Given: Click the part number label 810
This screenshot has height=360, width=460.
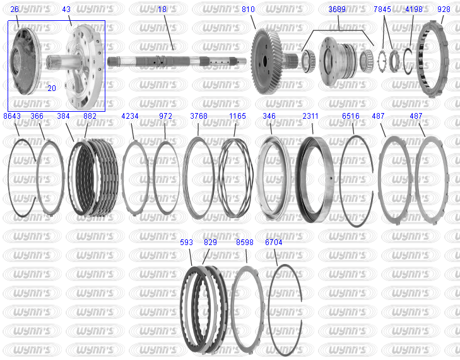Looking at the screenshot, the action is tap(248, 9).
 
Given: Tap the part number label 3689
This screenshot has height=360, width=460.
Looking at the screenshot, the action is tap(337, 9).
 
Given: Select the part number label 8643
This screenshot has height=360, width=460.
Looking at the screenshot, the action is tap(12, 116).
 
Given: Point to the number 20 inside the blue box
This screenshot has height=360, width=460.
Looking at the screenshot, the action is tap(52, 88).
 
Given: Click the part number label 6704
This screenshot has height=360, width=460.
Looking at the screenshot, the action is tap(273, 243).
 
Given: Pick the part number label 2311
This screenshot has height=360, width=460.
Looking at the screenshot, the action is tap(310, 116).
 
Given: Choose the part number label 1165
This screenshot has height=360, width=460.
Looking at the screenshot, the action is tap(237, 116).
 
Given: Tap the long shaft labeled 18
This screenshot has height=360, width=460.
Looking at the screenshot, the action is tap(177, 61).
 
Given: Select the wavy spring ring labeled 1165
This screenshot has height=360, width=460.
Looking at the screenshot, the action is tap(220, 178).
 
